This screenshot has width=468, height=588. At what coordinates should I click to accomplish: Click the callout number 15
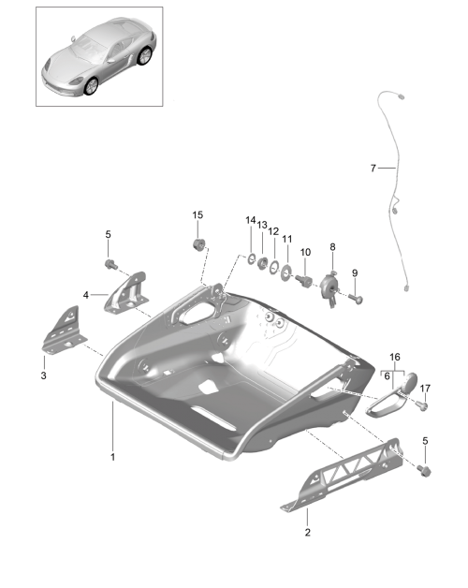pos(197,214)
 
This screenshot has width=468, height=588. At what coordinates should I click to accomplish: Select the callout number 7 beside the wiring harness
pos(373,169)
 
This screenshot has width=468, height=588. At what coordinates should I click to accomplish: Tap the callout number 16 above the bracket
pos(395,357)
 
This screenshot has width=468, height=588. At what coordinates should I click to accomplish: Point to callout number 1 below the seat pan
pos(112,457)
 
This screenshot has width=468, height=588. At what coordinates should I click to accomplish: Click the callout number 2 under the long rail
pos(308,532)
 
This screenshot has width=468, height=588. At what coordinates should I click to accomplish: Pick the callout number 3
pos(43,375)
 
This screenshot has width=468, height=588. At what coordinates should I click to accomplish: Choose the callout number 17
pos(425,389)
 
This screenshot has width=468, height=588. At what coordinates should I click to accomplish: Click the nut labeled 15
pos(198,244)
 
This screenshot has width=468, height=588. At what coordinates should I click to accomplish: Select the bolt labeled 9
pos(356,299)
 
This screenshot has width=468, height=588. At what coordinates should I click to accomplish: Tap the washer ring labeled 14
pos(251,258)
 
